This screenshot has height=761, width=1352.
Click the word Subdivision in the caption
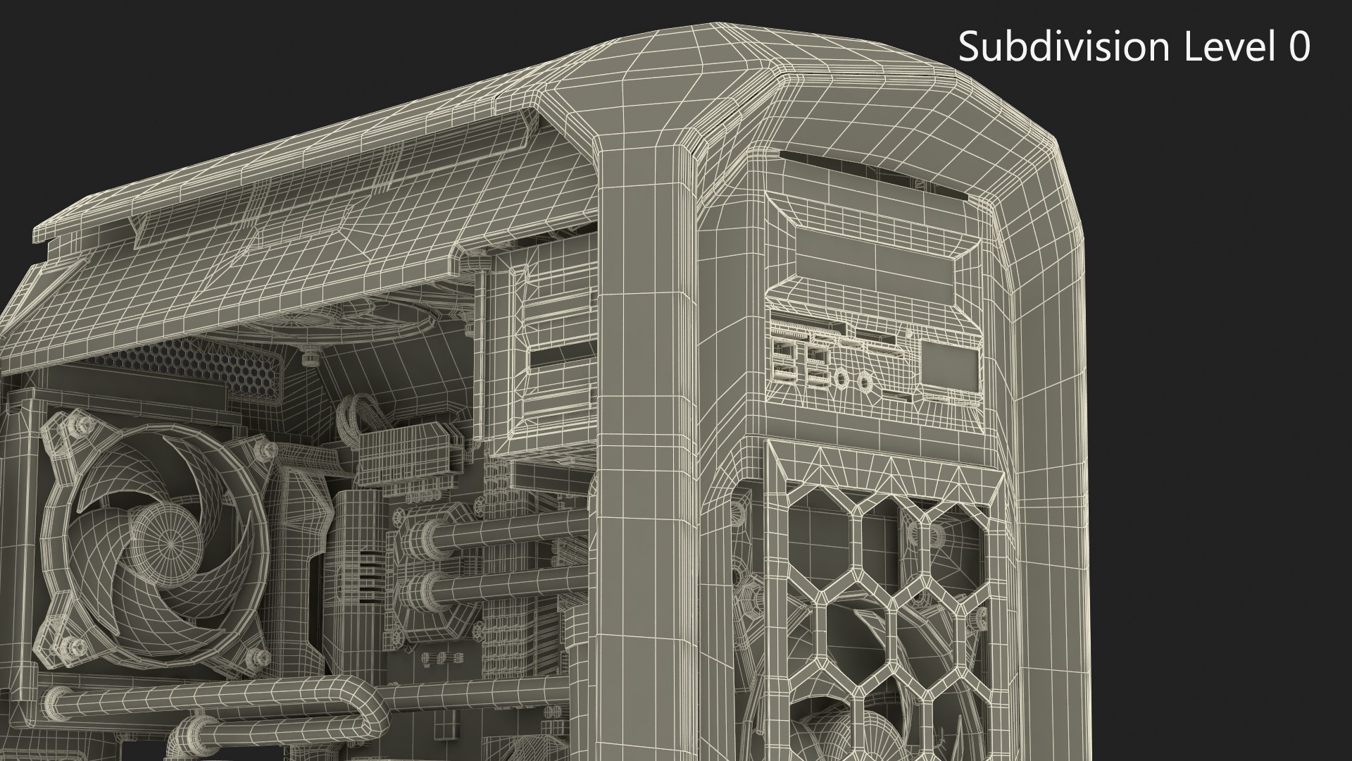tap(1063, 47)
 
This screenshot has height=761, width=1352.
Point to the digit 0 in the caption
tap(1298, 47)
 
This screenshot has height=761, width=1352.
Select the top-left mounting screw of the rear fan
tap(79, 424)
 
